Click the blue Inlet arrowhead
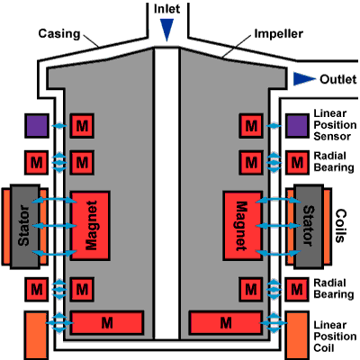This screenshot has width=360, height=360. point(166,29)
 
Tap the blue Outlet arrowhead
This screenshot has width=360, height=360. point(303,78)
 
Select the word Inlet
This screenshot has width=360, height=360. point(166,9)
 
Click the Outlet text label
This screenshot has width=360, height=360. point(338,79)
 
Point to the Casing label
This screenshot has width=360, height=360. point(59,33)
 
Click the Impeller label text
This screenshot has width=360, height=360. point(279,33)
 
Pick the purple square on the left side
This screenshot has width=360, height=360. point(37,126)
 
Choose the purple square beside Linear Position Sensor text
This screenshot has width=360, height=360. point(297,126)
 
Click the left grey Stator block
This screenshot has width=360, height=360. point(25,227)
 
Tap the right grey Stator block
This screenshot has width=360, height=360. point(309,227)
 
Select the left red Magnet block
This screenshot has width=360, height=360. point(90,225)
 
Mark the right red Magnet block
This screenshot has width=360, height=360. point(242,225)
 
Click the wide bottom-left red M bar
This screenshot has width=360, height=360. point(107,323)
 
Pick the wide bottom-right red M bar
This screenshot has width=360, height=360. point(225,323)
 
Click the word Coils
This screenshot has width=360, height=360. point(340,226)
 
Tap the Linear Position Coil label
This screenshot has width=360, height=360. point(335,337)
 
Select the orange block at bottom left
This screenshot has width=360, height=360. point(36,336)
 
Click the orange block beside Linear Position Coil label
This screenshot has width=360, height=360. point(297,336)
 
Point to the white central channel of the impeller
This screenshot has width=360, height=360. point(166,193)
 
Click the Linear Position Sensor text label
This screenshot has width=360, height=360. point(335,125)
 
